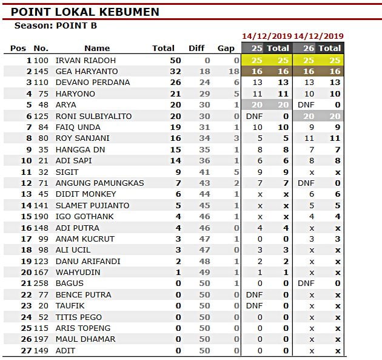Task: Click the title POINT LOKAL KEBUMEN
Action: pos(85,12)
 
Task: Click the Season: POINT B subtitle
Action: pos(55,26)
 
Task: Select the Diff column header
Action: pos(196,48)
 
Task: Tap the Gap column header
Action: pos(226,48)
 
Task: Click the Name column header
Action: pos(97,48)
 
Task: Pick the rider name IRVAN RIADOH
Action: pos(85,61)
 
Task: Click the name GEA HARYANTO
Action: pos(87,72)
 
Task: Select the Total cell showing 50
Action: pos(175,61)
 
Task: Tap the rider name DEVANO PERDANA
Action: pos(92,83)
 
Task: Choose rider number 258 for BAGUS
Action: pos(41,284)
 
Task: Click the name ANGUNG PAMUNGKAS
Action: pos(99,183)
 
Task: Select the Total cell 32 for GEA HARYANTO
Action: pos(175,72)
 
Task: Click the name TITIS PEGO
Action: pos(79,317)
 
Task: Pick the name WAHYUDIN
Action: pos(78,273)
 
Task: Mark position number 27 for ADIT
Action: pos(26,350)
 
